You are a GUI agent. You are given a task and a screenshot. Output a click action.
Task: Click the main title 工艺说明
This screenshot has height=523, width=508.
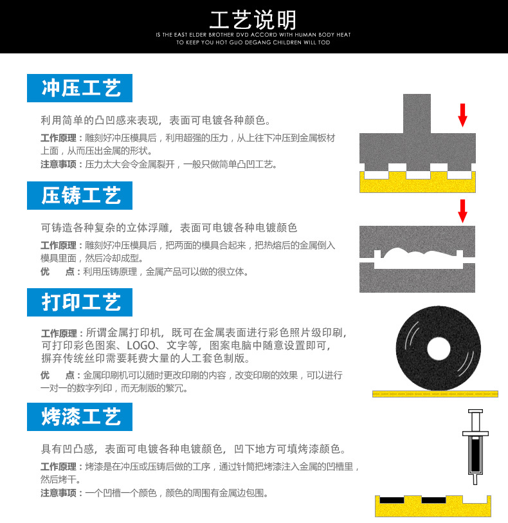click(253, 20)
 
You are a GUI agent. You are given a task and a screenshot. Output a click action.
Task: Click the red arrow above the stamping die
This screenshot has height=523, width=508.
click(462, 115)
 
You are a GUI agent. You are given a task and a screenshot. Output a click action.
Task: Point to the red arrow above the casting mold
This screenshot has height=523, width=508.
click(462, 211)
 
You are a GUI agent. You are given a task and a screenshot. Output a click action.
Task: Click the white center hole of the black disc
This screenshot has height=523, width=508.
click(439, 349)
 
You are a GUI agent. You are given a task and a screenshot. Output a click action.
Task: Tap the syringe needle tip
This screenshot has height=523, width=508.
click(475, 483)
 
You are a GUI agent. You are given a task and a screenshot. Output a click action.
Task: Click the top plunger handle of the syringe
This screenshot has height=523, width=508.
click(475, 411)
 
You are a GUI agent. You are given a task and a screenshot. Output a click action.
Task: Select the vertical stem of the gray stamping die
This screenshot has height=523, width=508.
click(417, 114)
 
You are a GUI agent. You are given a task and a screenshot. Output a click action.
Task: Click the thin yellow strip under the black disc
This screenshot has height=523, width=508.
click(435, 394)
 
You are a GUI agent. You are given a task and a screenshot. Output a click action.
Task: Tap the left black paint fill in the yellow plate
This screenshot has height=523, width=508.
click(392, 500)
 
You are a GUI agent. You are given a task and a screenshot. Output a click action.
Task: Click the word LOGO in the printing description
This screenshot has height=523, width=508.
click(141, 345)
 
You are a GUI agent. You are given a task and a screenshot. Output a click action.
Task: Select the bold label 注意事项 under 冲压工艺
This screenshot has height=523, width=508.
click(59, 165)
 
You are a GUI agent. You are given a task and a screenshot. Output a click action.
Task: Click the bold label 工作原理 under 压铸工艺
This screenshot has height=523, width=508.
click(59, 246)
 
